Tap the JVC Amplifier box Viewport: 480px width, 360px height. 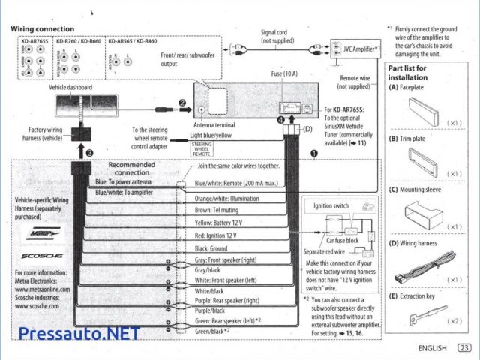click(x=355, y=47)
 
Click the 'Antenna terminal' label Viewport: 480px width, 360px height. click(x=215, y=125)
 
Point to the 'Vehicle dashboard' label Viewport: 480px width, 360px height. click(x=70, y=88)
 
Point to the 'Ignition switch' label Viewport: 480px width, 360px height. click(x=331, y=205)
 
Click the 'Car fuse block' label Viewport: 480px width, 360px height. click(x=341, y=241)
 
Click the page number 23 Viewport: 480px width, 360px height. click(x=465, y=348)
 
